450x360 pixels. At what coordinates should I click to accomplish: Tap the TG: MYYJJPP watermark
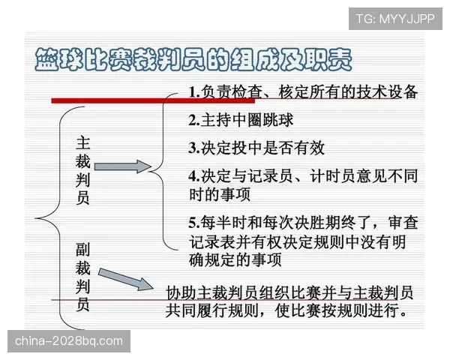(x=394, y=18)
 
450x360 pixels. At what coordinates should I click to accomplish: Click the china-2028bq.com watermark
(x=68, y=341)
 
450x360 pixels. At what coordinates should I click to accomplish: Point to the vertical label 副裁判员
(x=83, y=277)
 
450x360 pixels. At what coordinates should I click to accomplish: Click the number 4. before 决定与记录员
(x=193, y=175)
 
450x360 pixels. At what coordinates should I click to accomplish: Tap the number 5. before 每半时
(x=193, y=223)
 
